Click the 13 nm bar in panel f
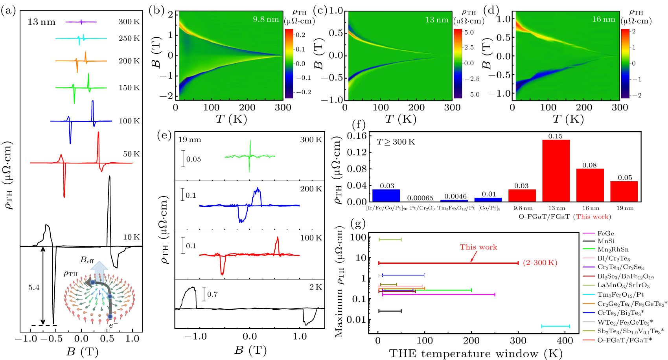556,171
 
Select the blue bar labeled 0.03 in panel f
386,195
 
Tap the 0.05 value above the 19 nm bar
624,178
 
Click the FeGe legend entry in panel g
605,233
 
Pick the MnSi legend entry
606,241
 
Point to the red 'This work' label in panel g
478,247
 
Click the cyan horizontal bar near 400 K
555,326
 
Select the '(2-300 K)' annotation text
540,263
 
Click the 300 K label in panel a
129,22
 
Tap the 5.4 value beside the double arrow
34,288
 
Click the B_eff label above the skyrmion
87,260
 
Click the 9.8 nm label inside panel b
265,19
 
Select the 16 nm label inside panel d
604,19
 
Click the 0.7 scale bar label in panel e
212,294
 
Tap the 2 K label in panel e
315,287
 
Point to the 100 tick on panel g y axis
359,237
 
